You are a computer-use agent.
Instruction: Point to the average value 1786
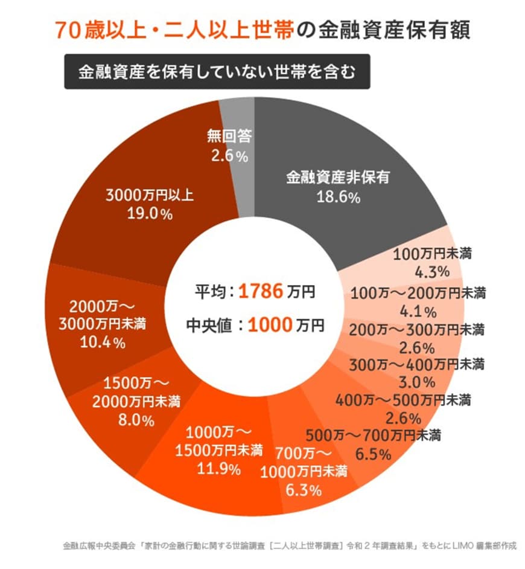pyautogui.click(x=260, y=292)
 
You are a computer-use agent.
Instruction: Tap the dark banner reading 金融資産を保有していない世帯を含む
pyautogui.click(x=217, y=72)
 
